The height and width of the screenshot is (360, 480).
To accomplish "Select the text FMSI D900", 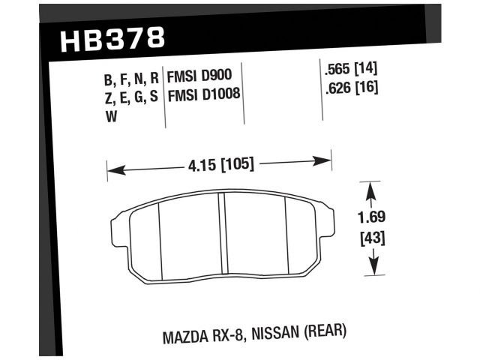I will pyautogui.click(x=199, y=74).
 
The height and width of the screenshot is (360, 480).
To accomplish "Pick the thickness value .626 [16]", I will pyautogui.click(x=349, y=88).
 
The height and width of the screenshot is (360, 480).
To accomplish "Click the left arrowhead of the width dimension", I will pyautogui.click(x=112, y=170).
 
